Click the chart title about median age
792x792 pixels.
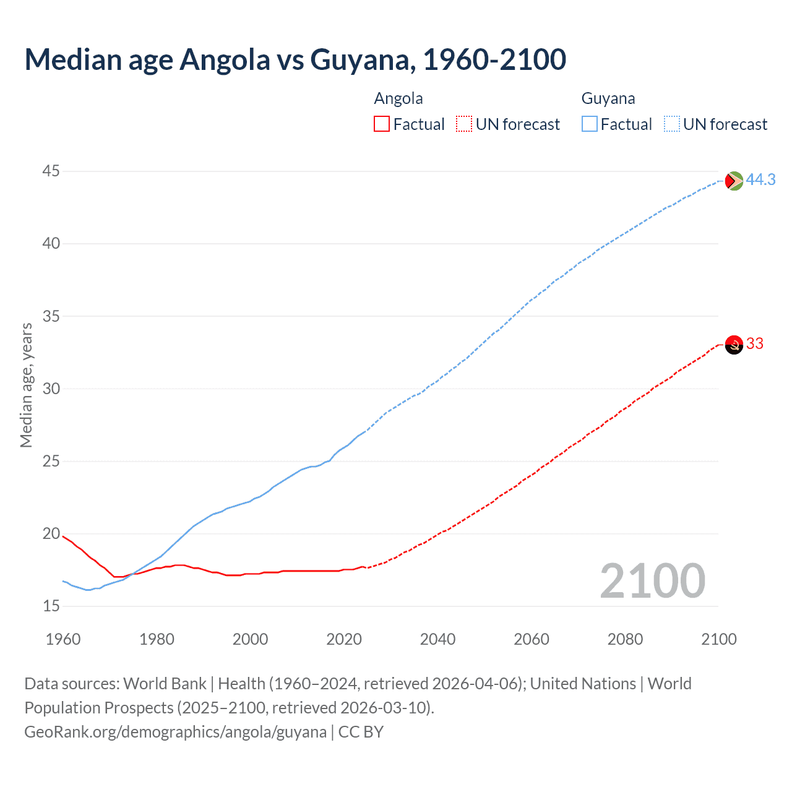point(295,59)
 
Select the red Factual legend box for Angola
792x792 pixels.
point(382,124)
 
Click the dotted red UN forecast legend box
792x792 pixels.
point(464,124)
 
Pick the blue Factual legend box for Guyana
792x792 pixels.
point(590,124)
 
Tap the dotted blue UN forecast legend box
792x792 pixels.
point(672,124)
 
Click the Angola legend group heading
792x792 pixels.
point(398,98)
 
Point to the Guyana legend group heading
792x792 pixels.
point(608,98)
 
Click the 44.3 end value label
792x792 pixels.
point(760,179)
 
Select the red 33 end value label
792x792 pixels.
point(755,343)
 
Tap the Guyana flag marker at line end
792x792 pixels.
point(734,181)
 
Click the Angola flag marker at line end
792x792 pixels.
point(734,345)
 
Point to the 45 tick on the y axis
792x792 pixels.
point(51,171)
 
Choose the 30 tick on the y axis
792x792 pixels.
point(51,389)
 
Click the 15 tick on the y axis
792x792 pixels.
point(51,606)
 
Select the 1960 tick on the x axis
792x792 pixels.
point(63,639)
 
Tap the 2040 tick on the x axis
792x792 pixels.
point(437,639)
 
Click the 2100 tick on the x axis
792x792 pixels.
point(718,639)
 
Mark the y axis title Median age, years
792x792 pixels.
point(26,385)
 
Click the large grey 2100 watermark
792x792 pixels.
point(652,580)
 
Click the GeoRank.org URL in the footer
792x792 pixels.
point(175,731)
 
